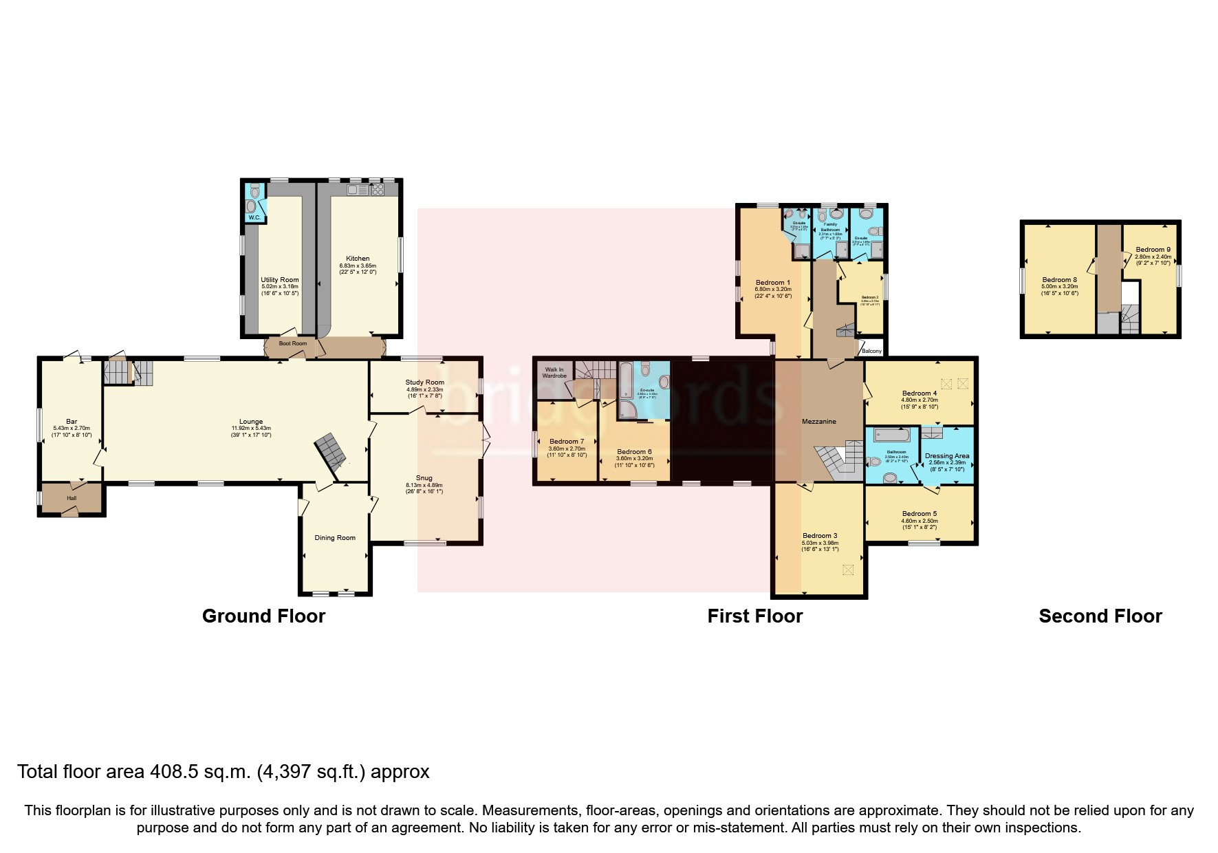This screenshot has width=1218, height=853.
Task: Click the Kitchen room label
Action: [358, 259]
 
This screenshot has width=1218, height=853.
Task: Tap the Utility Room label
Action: [279, 280]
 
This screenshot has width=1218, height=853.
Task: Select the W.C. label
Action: [254, 217]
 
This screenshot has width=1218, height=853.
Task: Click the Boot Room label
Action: [292, 343]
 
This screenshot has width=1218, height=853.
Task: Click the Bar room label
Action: [72, 421]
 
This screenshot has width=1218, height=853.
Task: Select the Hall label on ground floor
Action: [72, 498]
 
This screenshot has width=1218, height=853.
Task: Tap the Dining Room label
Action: [335, 538]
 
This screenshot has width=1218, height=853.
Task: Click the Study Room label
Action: [424, 382]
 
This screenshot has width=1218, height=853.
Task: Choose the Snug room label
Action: [424, 478]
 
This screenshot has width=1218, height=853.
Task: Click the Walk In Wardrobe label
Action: [555, 373]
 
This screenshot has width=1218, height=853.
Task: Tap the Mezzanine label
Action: [818, 421]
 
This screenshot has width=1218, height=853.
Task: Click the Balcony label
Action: [871, 351]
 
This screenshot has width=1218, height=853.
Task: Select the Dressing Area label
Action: [947, 455]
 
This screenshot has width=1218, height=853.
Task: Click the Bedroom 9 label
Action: [1153, 250]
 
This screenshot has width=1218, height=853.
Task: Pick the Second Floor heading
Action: [1100, 616]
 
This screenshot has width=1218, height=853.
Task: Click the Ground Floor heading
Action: [263, 616]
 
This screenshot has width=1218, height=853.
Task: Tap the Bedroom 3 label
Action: [820, 535]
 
